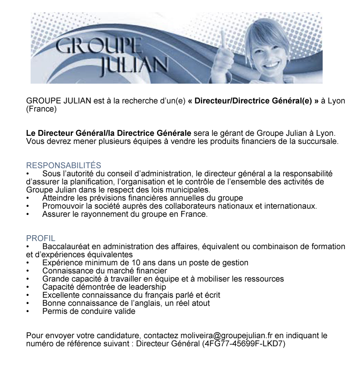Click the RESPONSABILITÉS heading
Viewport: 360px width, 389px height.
tap(63, 165)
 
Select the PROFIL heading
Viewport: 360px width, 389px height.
tap(40, 238)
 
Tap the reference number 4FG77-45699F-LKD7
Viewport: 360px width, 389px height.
tap(243, 344)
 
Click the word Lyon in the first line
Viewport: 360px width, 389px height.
tap(336, 100)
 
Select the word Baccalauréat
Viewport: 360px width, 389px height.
tap(67, 246)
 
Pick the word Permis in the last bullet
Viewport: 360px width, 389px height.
tap(54, 311)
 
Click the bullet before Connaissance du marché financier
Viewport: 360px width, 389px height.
tap(28, 271)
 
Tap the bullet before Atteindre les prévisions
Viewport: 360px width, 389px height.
tap(28, 198)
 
